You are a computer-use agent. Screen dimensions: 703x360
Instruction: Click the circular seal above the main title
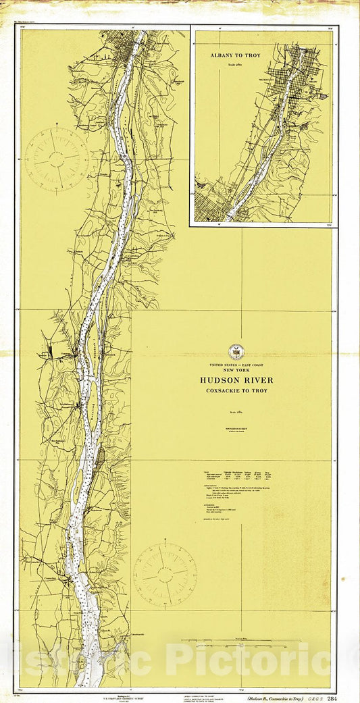(x=235, y=351)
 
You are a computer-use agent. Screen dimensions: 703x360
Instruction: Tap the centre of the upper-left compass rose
(x=57, y=159)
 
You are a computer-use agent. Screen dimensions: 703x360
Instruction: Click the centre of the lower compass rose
(x=165, y=575)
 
